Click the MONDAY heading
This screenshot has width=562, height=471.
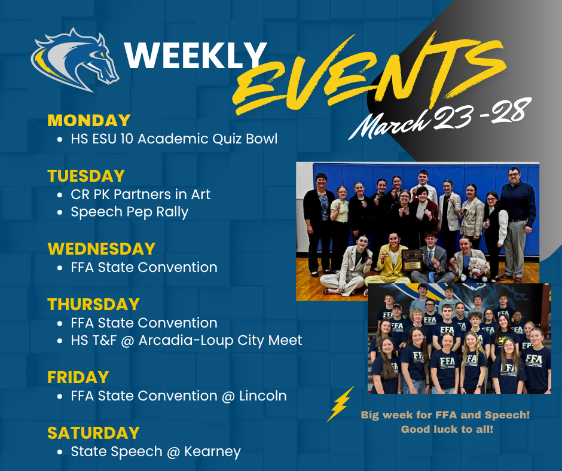click(x=88, y=120)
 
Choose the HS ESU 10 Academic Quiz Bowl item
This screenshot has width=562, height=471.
click(x=174, y=139)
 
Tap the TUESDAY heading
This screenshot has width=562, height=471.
click(x=86, y=176)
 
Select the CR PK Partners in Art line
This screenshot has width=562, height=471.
click(x=140, y=194)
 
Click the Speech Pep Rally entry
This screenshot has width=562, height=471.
click(x=129, y=212)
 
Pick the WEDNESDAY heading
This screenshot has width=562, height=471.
click(x=101, y=249)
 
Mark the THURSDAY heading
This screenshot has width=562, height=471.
click(x=94, y=304)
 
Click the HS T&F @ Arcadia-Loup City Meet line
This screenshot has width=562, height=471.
click(x=186, y=341)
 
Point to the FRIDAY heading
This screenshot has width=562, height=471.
click(x=78, y=377)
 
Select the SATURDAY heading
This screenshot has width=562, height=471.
click(x=93, y=433)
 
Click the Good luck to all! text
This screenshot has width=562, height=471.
click(x=447, y=429)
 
